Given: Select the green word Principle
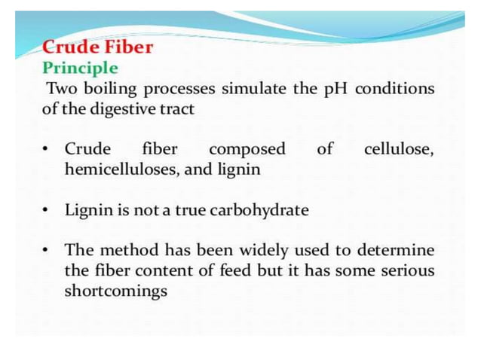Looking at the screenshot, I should pyautogui.click(x=80, y=68).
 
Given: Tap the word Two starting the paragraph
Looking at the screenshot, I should pyautogui.click(x=62, y=88).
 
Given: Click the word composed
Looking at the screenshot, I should pyautogui.click(x=247, y=149).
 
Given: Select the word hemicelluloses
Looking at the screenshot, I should pyautogui.click(x=121, y=169).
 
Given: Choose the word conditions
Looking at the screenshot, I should pyautogui.click(x=395, y=88).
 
